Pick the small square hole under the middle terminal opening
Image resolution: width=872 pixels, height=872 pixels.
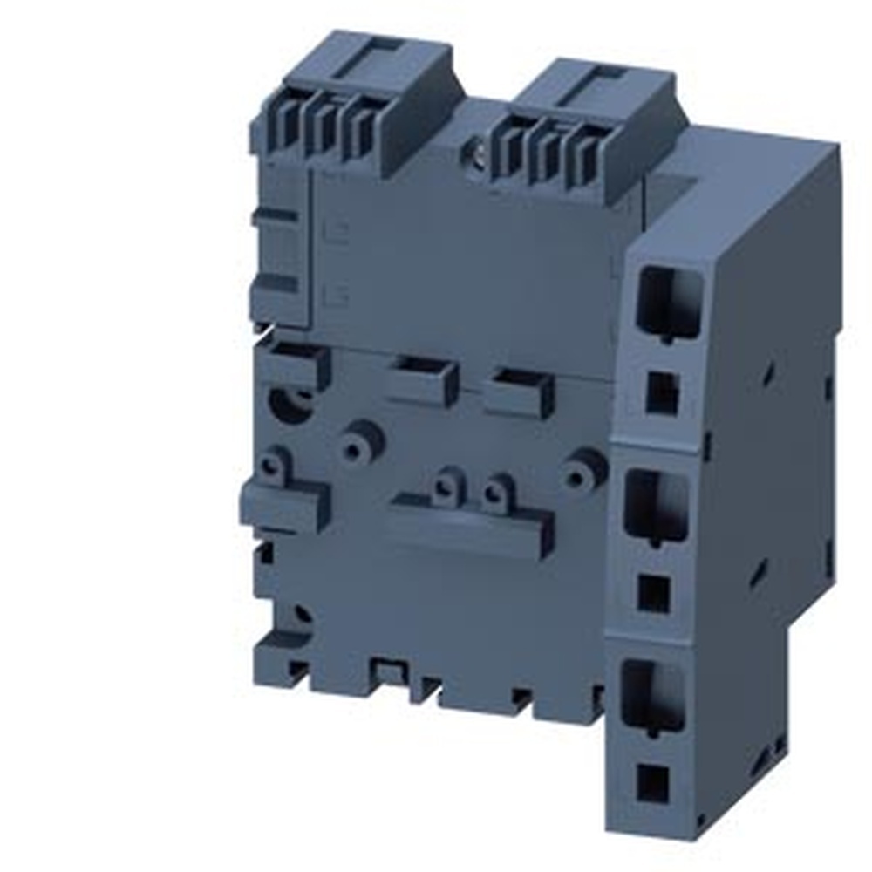[654, 592]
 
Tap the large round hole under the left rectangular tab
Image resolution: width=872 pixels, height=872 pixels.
[290, 403]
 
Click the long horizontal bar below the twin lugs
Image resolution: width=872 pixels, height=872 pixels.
[471, 526]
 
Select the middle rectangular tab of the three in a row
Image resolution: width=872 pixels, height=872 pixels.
[423, 382]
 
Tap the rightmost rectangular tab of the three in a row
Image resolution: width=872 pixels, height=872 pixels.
[519, 393]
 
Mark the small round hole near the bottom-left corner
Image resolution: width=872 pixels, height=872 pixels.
[301, 616]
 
